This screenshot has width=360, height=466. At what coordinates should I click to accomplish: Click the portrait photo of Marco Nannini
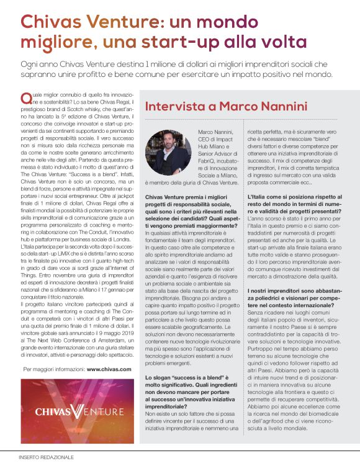(168, 152)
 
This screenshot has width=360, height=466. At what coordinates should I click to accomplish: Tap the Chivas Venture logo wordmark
(80, 410)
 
